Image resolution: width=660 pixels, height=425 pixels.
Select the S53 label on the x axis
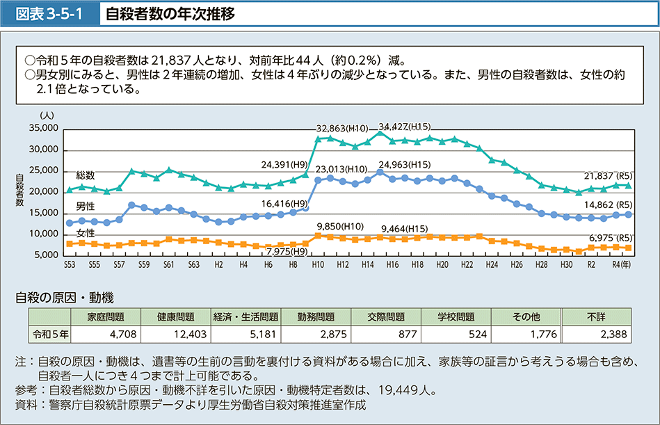[x=69, y=266]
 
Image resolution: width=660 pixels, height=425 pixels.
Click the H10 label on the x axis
[x=318, y=266]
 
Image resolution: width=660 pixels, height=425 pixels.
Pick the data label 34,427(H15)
[x=405, y=127]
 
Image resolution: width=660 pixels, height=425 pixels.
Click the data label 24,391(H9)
[x=283, y=166]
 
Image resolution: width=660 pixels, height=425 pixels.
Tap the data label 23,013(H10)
[x=341, y=169]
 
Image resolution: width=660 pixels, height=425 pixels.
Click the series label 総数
[x=86, y=175]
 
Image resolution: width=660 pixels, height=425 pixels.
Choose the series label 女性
[x=86, y=232]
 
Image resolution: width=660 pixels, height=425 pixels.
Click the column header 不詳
[x=596, y=316]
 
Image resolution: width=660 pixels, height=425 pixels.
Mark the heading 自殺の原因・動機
[x=64, y=298]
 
